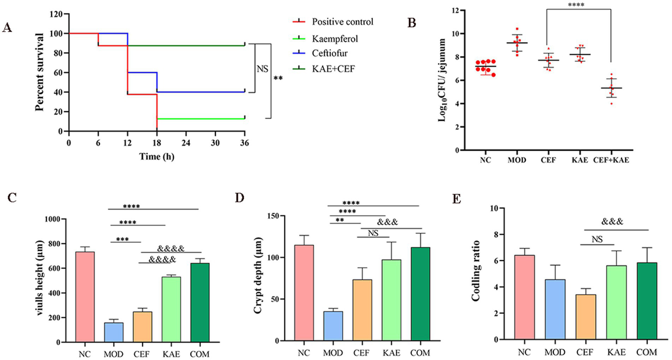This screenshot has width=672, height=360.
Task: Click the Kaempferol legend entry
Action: coord(334,39)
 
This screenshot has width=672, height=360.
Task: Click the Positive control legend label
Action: coord(342,22)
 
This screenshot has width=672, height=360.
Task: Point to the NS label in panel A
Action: coord(262,69)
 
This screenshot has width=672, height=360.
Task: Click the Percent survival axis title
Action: coord(40,72)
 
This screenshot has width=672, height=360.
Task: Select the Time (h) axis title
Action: coord(157,156)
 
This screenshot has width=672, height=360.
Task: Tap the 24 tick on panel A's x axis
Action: coord(186,143)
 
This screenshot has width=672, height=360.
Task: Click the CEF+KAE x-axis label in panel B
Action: coord(611,160)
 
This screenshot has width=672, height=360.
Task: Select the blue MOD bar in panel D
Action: coord(334,326)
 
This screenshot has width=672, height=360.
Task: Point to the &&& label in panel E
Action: coord(612,222)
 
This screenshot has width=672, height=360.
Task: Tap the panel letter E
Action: coord(457,199)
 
